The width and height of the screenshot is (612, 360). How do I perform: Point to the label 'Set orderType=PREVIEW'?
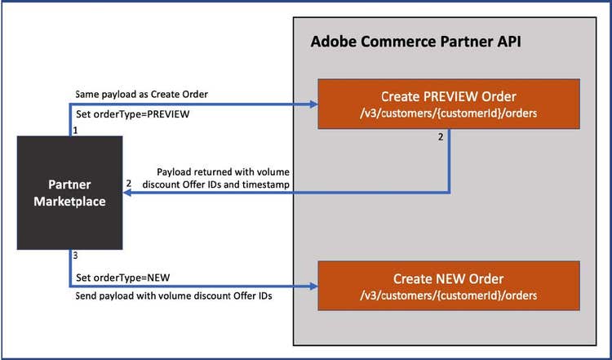click(132, 115)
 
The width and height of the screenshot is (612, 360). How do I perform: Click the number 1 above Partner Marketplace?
click(75, 131)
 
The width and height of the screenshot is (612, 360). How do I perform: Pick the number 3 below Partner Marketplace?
click(76, 256)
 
